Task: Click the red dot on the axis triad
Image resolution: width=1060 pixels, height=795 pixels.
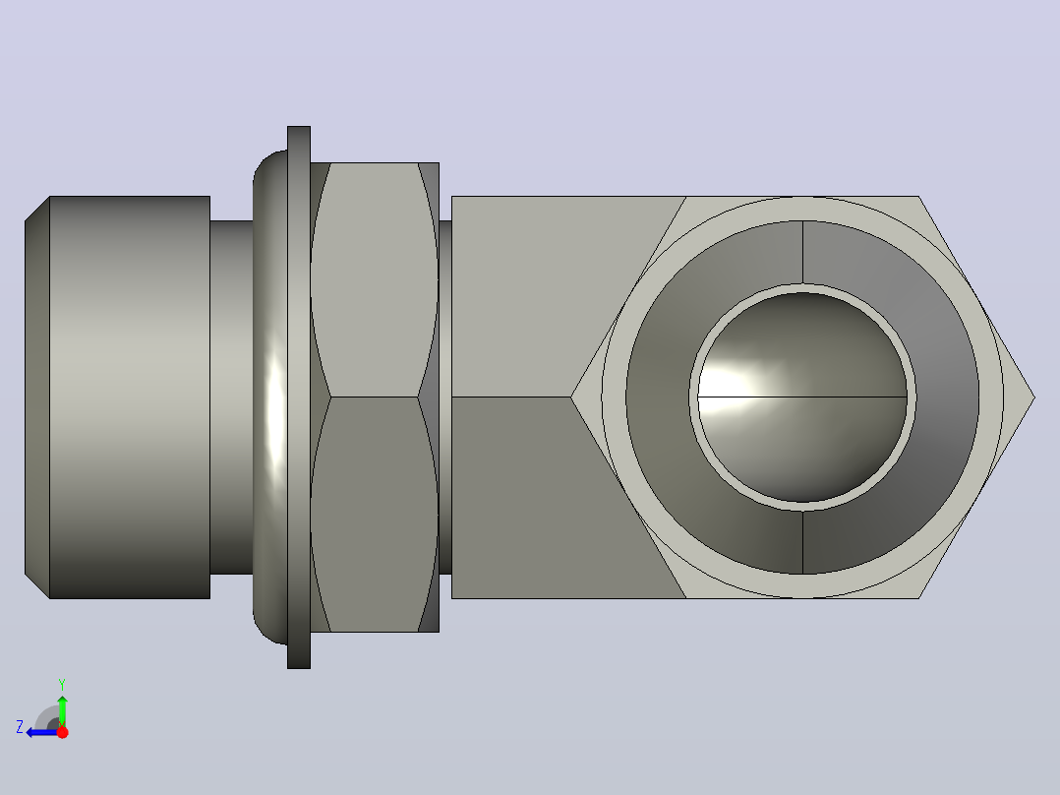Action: (x=62, y=733)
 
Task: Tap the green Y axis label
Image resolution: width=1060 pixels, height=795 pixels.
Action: (x=62, y=685)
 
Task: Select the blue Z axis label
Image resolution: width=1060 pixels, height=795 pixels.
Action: (x=20, y=727)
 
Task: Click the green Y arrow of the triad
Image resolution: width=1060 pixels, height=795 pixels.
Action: (x=62, y=710)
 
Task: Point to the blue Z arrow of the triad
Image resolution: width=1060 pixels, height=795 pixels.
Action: (x=42, y=733)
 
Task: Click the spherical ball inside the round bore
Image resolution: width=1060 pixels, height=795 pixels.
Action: (x=802, y=397)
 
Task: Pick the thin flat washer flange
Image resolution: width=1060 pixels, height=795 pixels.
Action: (x=299, y=397)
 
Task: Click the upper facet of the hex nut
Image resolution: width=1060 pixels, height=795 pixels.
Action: (x=374, y=279)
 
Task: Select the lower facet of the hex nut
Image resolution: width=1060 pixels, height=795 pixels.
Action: (x=374, y=515)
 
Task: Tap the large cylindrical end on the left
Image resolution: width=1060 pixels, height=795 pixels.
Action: (x=130, y=397)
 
